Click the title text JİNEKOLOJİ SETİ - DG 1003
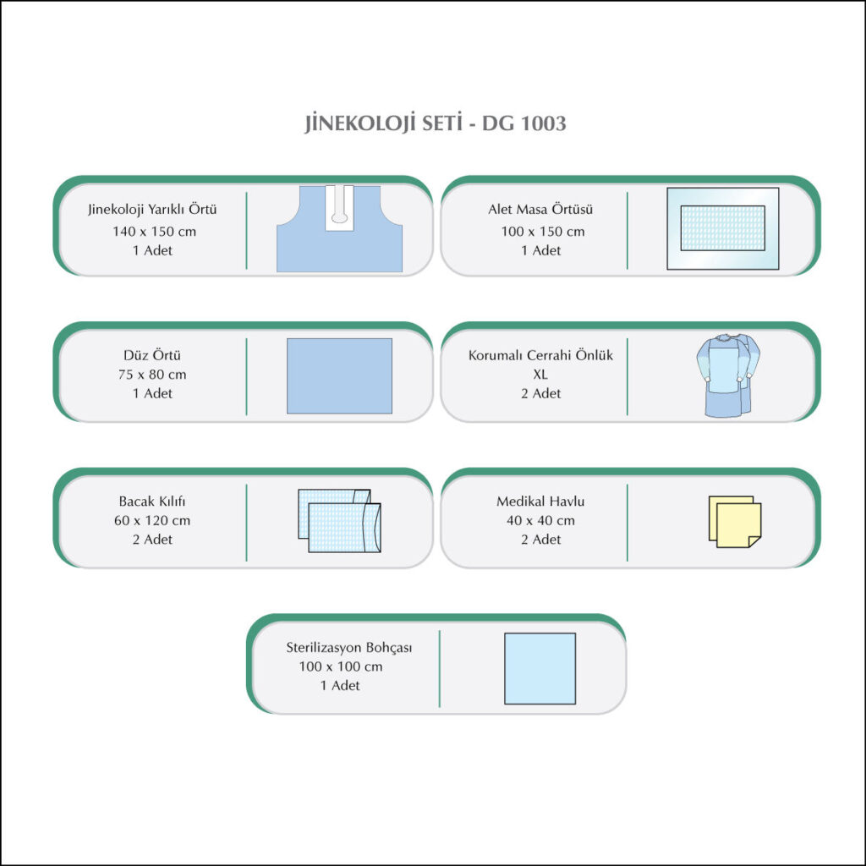click(x=436, y=123)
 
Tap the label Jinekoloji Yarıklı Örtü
click(x=152, y=210)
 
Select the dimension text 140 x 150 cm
click(x=154, y=232)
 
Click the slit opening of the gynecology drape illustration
click(x=339, y=208)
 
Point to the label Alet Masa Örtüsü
click(x=540, y=210)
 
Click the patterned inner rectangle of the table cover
click(x=722, y=228)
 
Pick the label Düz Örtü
click(x=152, y=355)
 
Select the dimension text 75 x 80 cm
click(x=152, y=375)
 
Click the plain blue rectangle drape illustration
click(x=339, y=375)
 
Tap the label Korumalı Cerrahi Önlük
click(x=540, y=355)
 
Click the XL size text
click(x=540, y=375)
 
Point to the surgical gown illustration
click(x=727, y=375)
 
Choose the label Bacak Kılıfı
click(x=152, y=501)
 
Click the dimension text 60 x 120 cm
click(x=152, y=520)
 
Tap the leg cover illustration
click(x=339, y=521)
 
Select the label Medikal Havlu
click(x=540, y=501)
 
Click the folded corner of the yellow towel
click(x=754, y=542)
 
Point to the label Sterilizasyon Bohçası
click(x=348, y=647)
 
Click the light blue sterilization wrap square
click(x=540, y=668)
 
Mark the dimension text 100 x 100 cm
click(x=340, y=666)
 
